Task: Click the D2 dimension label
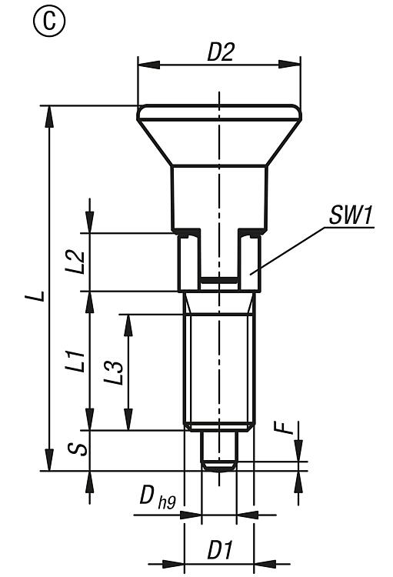click(x=220, y=52)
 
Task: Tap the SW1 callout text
click(x=350, y=215)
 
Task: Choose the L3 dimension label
click(x=113, y=373)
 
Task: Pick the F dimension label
click(x=284, y=428)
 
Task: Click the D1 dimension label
click(x=220, y=551)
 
